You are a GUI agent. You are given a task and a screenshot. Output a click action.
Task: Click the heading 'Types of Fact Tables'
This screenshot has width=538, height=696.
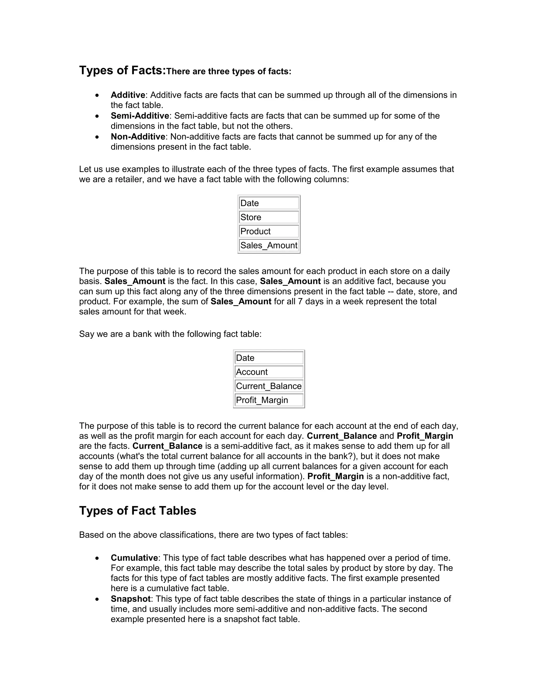[x=137, y=511]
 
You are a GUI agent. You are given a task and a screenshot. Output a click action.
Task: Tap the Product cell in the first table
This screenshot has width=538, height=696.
[x=269, y=231]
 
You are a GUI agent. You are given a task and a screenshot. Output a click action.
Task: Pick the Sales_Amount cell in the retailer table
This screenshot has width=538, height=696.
[x=269, y=245]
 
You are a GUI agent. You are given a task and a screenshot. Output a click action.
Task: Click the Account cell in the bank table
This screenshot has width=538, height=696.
[x=269, y=372]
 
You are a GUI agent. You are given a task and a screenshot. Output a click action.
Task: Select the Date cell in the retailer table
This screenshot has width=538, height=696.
[x=269, y=203]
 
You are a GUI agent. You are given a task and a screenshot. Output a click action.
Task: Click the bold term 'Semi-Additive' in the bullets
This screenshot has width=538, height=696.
[x=139, y=116]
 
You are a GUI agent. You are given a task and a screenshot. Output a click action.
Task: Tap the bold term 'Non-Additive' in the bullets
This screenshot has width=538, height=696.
[x=138, y=137]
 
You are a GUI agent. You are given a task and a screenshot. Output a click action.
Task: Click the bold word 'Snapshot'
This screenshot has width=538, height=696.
[x=130, y=599]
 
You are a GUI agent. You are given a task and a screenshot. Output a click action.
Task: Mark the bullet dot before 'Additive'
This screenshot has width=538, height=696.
[x=97, y=95]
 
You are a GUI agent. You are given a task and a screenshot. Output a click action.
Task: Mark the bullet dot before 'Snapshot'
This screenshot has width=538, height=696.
[x=97, y=599]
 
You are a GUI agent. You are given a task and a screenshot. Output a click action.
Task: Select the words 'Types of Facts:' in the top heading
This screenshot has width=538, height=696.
[x=122, y=70]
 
